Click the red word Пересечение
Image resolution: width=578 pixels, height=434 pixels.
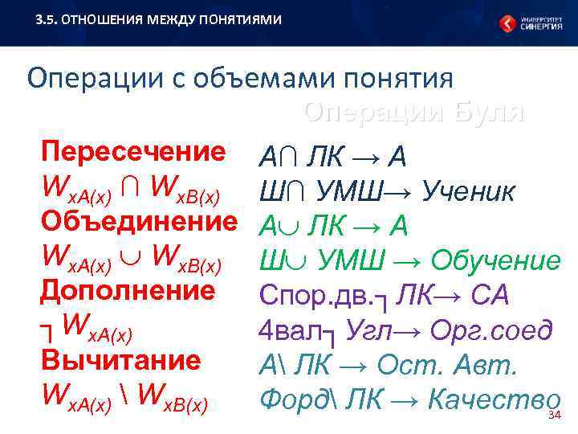point(133,152)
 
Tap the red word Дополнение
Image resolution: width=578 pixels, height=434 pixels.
point(128,290)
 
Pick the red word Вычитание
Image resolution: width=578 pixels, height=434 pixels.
point(120,359)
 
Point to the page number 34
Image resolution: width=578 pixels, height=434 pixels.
point(552,415)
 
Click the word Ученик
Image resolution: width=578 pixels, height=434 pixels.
point(468,192)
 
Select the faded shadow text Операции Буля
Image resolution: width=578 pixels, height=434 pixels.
point(413,113)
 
